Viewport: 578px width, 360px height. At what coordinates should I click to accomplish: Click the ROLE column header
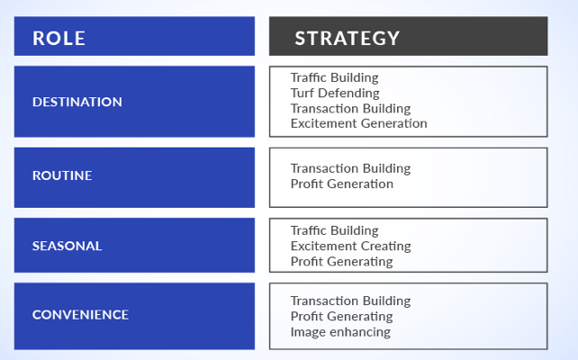[59, 39]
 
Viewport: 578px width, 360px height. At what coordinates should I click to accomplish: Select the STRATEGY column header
[348, 39]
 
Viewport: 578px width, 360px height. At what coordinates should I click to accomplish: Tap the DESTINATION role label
[77, 102]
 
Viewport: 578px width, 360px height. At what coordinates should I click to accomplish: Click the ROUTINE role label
[62, 175]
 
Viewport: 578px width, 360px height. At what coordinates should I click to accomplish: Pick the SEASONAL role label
[68, 246]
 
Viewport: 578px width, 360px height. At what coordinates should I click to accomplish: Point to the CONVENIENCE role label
[80, 315]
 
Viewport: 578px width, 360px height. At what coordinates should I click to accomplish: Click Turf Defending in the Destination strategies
[335, 94]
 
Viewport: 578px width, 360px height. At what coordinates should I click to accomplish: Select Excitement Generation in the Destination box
[359, 123]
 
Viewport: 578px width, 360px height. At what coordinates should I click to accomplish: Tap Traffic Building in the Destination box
[335, 77]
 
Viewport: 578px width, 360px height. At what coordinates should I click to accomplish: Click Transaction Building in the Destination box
[350, 109]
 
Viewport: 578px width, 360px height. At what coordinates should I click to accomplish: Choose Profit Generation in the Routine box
[342, 184]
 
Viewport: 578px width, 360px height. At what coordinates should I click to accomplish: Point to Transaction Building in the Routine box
[350, 168]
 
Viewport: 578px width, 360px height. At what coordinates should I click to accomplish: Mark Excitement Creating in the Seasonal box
[351, 246]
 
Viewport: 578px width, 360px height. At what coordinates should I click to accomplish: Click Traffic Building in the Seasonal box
[335, 230]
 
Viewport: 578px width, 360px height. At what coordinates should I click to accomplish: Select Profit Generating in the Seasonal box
[342, 262]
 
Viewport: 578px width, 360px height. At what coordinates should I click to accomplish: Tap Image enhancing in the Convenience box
[340, 332]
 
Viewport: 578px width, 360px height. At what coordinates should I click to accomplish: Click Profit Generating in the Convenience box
[342, 317]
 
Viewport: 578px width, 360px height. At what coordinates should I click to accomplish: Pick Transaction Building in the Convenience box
[350, 301]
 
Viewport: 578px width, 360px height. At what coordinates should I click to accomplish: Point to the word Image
[308, 332]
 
